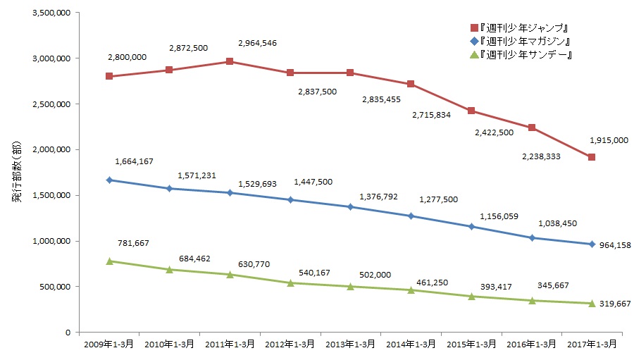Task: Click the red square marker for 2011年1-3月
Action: point(230,61)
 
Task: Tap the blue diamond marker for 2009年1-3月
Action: point(109,180)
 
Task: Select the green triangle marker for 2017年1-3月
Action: point(592,303)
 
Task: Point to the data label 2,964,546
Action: point(257,43)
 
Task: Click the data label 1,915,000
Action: point(608,140)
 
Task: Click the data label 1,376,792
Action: point(378,197)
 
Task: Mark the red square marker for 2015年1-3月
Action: point(471,111)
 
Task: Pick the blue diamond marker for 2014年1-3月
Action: point(411,216)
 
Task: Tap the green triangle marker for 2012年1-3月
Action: point(290,283)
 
